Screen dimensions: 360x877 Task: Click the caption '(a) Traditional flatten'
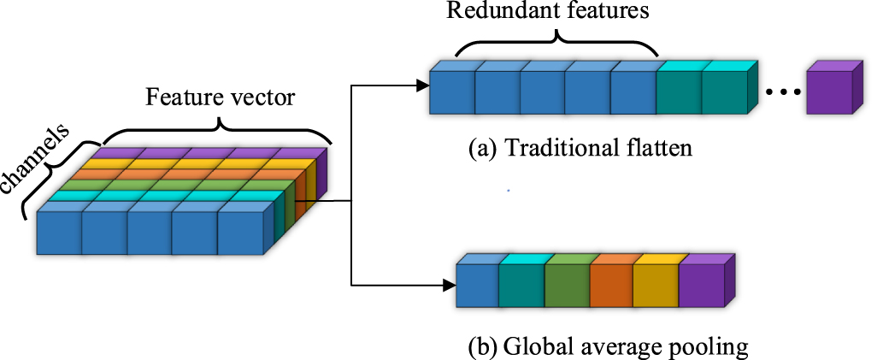coord(580,148)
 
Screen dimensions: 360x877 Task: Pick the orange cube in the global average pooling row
coord(609,286)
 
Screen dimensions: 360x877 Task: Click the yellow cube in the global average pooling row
coord(655,286)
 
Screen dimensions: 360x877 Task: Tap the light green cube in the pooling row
coord(565,286)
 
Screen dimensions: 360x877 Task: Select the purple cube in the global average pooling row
coord(701,286)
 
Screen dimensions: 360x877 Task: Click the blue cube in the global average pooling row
coord(476,286)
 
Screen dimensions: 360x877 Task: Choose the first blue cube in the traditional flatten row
coord(450,92)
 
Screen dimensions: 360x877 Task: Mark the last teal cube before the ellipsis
coord(724,92)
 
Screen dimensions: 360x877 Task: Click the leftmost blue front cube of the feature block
coord(58,233)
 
